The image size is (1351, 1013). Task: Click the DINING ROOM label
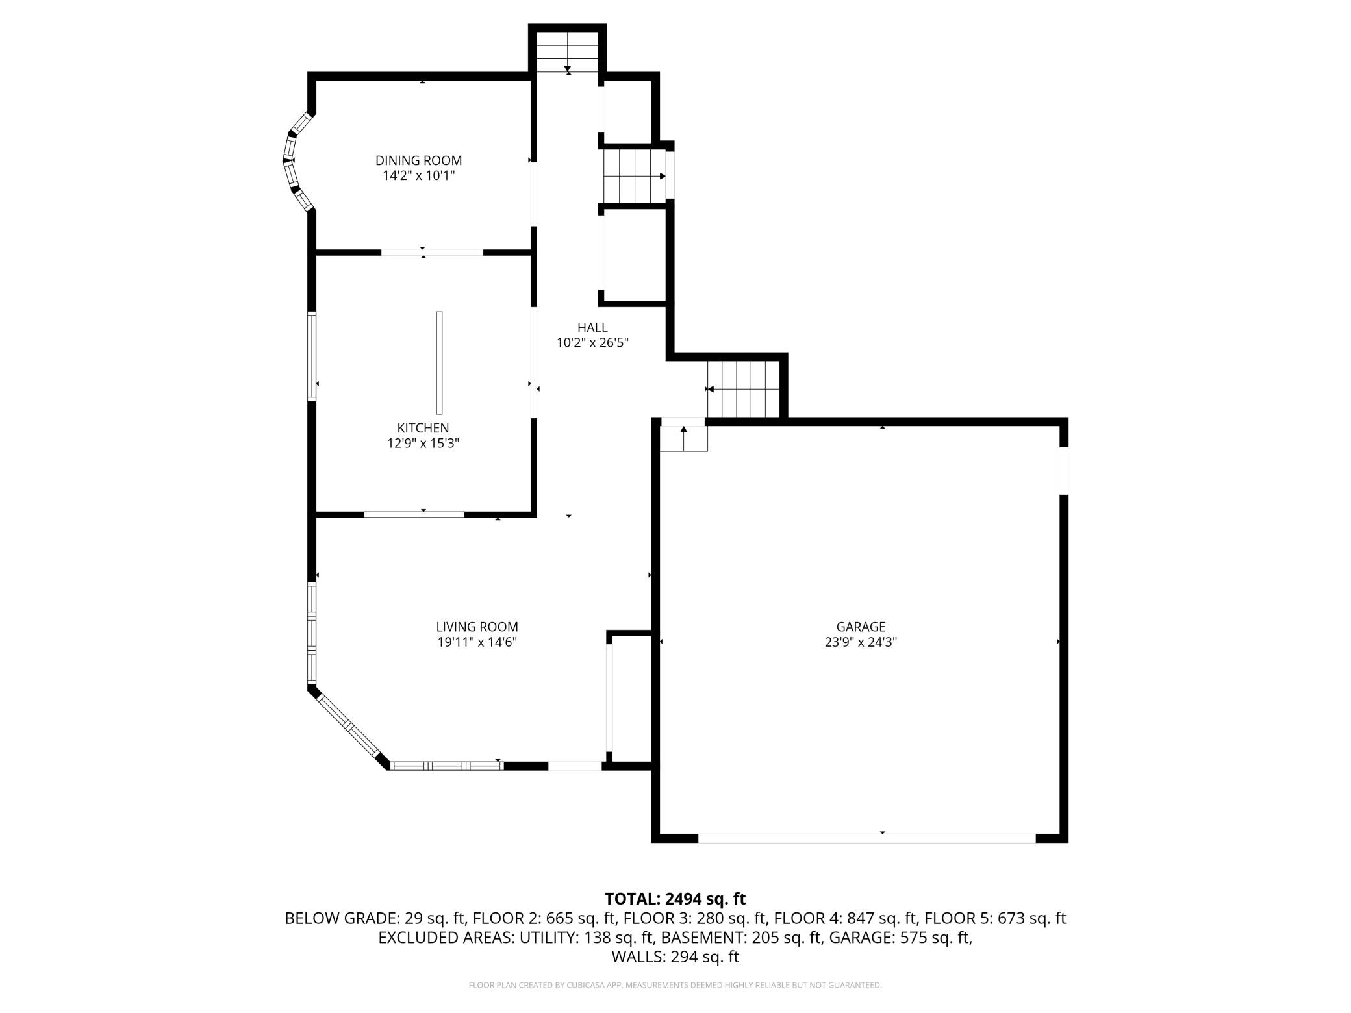click(419, 160)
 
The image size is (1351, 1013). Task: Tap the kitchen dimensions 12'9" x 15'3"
click(423, 444)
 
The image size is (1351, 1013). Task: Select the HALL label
click(592, 328)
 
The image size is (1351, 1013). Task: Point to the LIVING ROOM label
click(477, 627)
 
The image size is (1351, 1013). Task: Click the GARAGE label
click(861, 627)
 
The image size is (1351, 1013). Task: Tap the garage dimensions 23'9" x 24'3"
click(861, 643)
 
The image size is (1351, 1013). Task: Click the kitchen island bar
click(439, 362)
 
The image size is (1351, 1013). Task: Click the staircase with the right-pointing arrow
click(635, 176)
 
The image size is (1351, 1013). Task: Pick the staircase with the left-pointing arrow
click(744, 389)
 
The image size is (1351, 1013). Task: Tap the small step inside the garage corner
click(684, 438)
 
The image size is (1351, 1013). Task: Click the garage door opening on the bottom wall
click(867, 838)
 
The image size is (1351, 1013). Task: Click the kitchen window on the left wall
click(312, 356)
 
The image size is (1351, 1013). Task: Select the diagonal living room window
click(348, 725)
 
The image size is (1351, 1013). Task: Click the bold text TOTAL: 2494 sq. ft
click(675, 899)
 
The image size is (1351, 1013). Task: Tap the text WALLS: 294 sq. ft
click(675, 957)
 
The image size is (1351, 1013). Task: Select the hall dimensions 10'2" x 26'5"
click(592, 343)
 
